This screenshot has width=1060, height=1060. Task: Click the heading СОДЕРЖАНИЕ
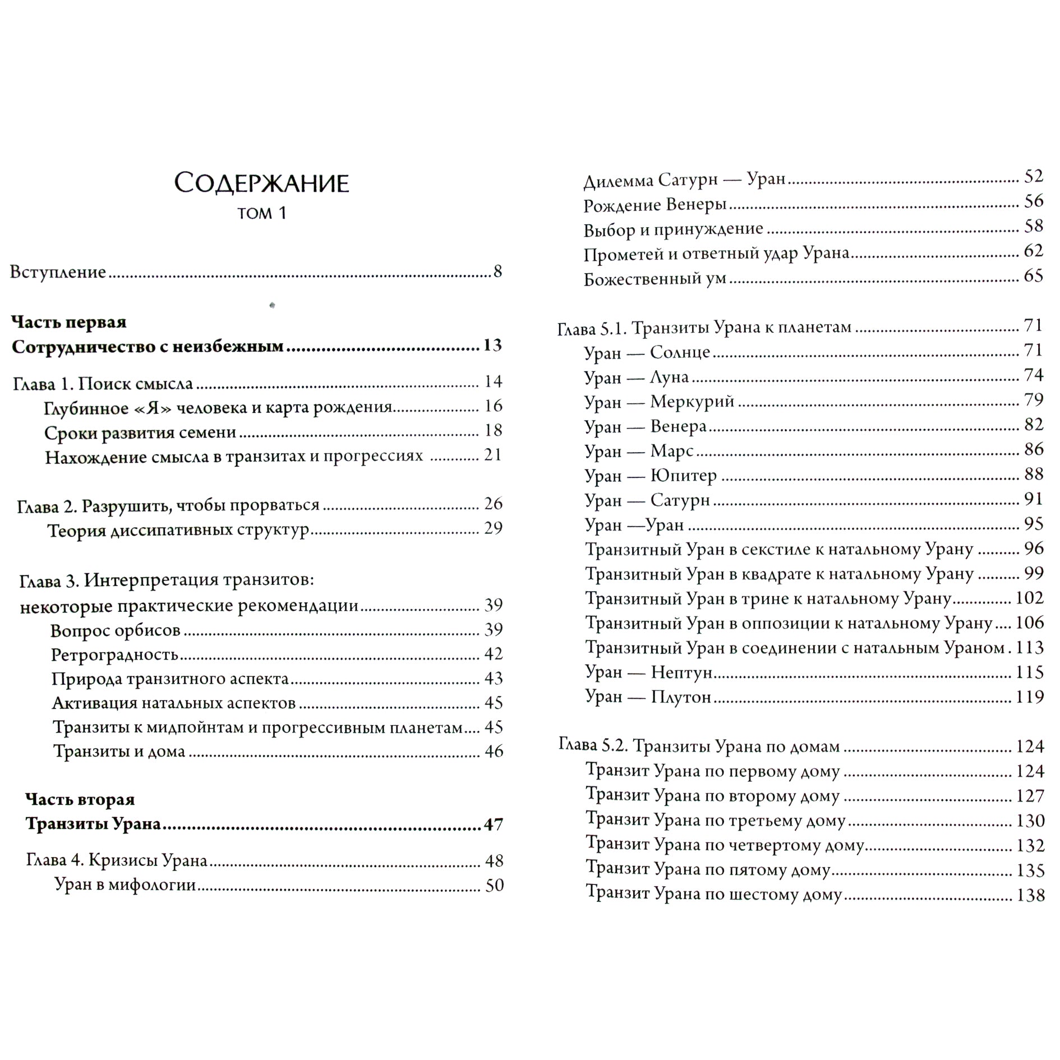coord(261,183)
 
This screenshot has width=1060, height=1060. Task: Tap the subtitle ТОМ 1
coord(261,214)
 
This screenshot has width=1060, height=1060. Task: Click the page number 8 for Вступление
coord(497,271)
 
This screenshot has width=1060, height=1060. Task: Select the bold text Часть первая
coord(69,322)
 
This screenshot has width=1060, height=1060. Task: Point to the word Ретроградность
coord(114,655)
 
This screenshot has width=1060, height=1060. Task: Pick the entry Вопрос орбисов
coord(115,630)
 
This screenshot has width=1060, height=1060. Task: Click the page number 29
coord(493,528)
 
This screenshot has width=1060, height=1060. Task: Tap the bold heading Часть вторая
coord(80,799)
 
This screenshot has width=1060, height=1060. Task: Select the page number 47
coord(493,824)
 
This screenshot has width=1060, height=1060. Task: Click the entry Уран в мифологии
coord(125,885)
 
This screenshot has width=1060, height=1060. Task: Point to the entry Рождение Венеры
coord(655,205)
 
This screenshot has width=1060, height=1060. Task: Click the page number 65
coord(1033,276)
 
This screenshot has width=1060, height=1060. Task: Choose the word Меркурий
coord(692,402)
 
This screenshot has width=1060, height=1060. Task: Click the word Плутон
coord(680,697)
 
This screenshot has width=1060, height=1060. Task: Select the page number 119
coord(1030,697)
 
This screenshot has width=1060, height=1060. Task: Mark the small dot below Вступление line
coord(273,306)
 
